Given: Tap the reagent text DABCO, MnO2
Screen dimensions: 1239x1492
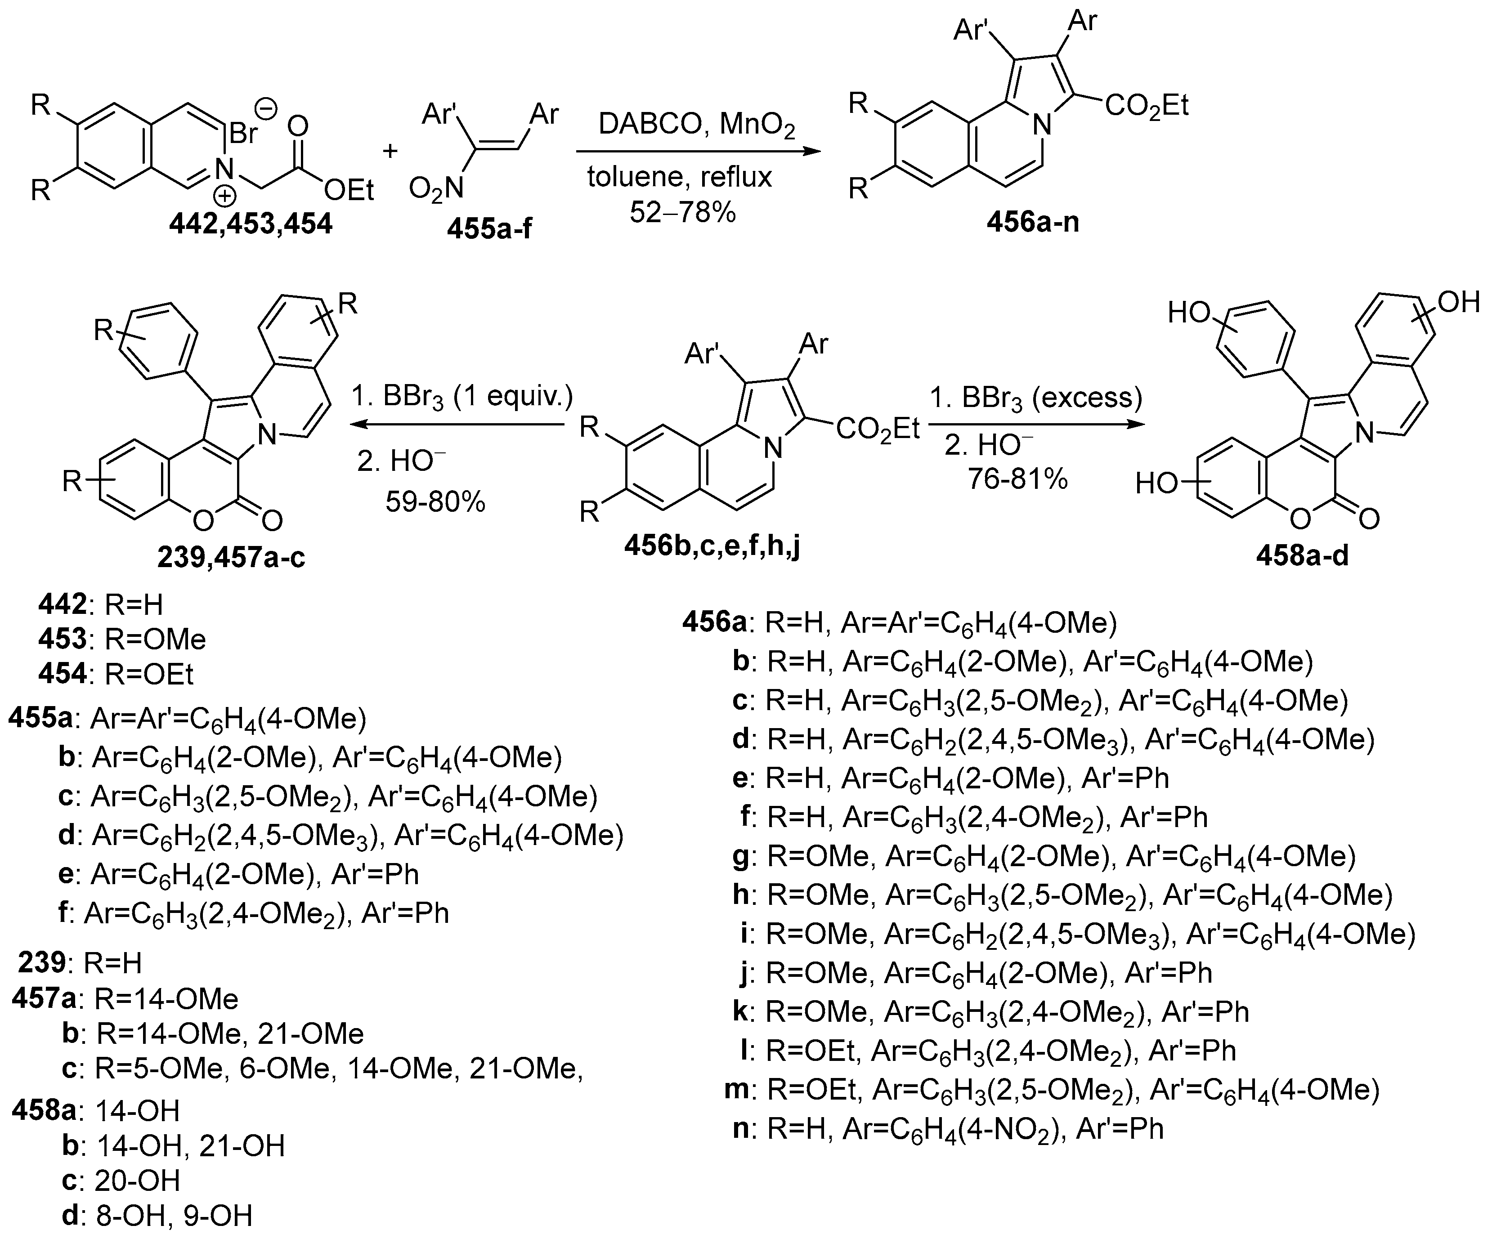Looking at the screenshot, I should (696, 124).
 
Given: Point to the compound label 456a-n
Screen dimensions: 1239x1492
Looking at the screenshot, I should (1032, 222).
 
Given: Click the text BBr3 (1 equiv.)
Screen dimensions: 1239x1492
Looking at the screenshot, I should (462, 396).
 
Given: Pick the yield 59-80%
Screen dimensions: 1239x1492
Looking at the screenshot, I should (435, 502).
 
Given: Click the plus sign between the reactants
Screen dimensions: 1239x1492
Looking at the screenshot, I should (390, 151).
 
